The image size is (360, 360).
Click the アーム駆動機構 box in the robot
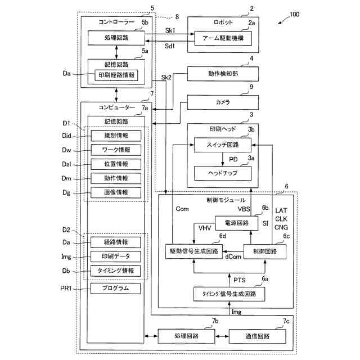coord(223,38)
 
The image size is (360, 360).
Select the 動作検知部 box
coord(223,74)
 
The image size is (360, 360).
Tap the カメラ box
coord(223,102)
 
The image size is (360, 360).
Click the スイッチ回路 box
coord(223,145)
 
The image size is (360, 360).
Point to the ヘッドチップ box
coord(223,173)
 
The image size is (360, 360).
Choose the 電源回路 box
coord(237,223)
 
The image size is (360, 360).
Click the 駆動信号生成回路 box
coord(194,251)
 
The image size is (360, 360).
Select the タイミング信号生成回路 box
coord(229,294)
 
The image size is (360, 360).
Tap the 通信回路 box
coord(258,336)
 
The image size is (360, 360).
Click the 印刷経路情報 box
coord(116,75)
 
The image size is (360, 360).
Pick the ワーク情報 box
coord(116,150)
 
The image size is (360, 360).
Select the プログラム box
coord(115,289)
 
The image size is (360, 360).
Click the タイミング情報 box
coord(115,271)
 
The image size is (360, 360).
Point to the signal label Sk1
coord(170,30)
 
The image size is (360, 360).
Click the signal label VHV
coord(205,228)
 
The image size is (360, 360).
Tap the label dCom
coord(233,256)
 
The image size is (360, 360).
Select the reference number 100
coord(295,15)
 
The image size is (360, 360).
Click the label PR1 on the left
coord(66,288)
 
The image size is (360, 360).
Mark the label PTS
coord(240,280)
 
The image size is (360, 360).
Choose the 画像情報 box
coord(116,192)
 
